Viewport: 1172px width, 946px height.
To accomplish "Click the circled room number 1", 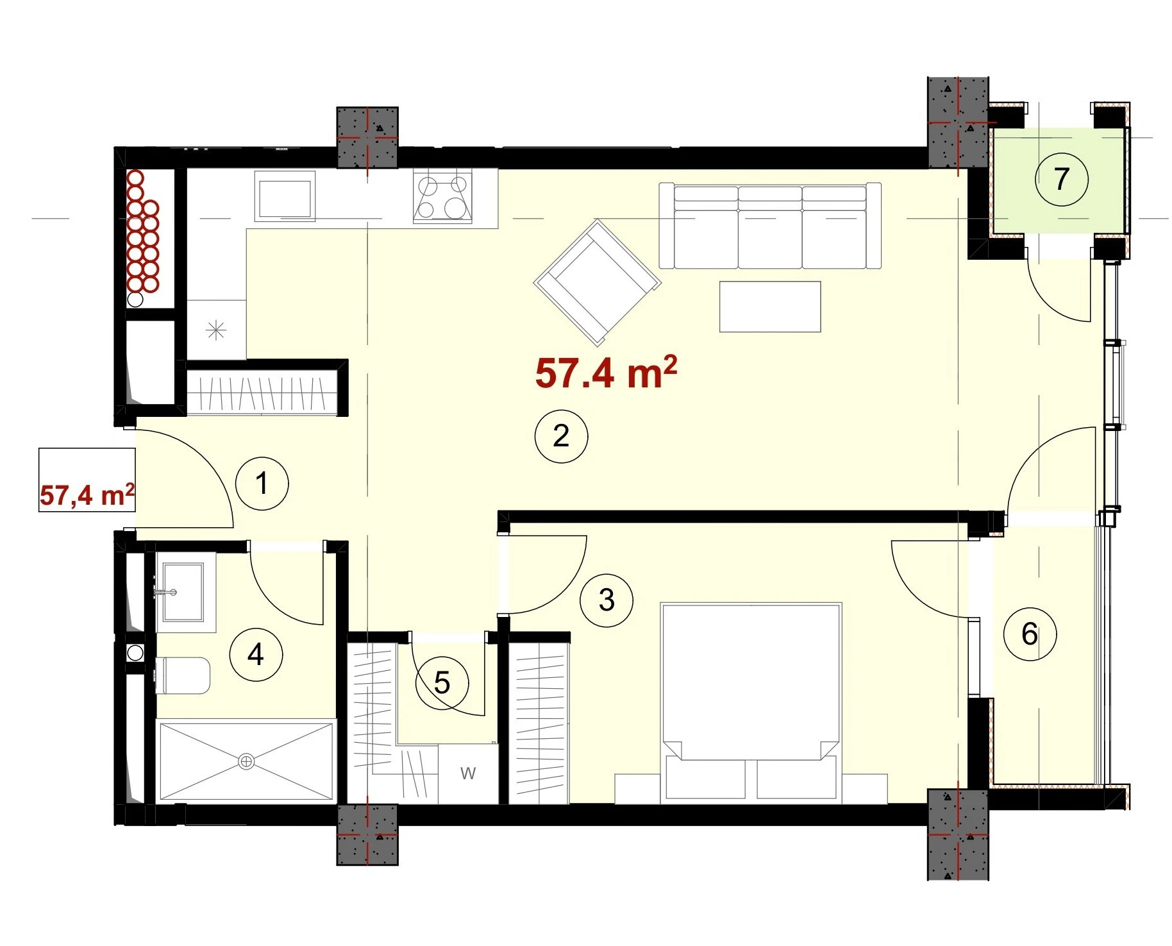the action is pyautogui.click(x=262, y=483).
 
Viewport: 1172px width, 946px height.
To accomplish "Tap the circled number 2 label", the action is pyautogui.click(x=561, y=436).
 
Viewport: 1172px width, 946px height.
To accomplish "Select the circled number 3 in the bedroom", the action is pyautogui.click(x=607, y=600).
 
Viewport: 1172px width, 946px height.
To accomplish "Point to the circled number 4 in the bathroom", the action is pyautogui.click(x=256, y=655).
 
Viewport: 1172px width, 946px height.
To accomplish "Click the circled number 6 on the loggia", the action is pyautogui.click(x=1030, y=634).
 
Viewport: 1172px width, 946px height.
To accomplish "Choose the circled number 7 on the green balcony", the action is pyautogui.click(x=1062, y=179).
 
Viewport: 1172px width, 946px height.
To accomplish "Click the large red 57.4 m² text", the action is pyautogui.click(x=606, y=373).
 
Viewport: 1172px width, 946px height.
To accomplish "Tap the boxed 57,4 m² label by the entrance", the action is pyautogui.click(x=87, y=495).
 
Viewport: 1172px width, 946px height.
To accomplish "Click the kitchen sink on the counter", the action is pyautogui.click(x=285, y=196).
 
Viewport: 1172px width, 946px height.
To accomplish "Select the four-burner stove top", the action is pyautogui.click(x=442, y=196).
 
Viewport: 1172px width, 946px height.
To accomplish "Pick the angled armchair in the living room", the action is pyautogui.click(x=598, y=282).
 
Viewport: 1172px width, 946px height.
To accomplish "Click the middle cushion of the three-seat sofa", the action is pyautogui.click(x=770, y=226).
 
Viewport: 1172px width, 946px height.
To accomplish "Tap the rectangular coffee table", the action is pyautogui.click(x=770, y=307).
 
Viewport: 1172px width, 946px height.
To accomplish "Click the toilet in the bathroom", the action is pyautogui.click(x=183, y=675).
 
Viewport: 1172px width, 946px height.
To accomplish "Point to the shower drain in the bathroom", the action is pyautogui.click(x=246, y=761).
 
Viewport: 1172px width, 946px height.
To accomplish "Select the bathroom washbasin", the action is pyautogui.click(x=183, y=592).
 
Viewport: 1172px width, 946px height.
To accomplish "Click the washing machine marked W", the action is pyautogui.click(x=468, y=773).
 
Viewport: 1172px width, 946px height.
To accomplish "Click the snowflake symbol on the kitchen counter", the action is pyautogui.click(x=216, y=331).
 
